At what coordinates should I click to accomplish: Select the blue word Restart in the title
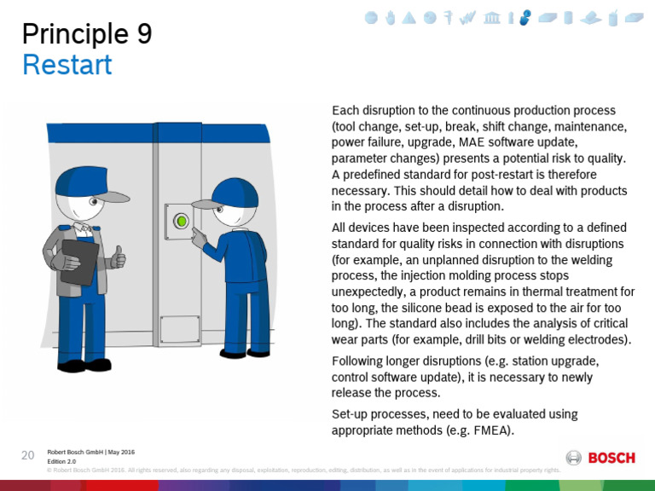click(67, 65)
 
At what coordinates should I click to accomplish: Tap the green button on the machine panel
click(181, 222)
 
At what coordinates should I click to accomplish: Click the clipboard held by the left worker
click(81, 262)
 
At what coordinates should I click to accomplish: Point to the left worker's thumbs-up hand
click(118, 256)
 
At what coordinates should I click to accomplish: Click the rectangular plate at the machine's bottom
click(180, 329)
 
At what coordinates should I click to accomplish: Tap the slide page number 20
click(27, 454)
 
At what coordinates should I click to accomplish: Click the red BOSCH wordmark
click(612, 458)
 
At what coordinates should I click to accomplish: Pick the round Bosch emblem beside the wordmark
click(575, 458)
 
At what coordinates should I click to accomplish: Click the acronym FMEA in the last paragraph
click(490, 430)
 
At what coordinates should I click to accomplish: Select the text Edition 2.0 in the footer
click(61, 461)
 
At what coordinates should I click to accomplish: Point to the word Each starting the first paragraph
click(345, 111)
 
